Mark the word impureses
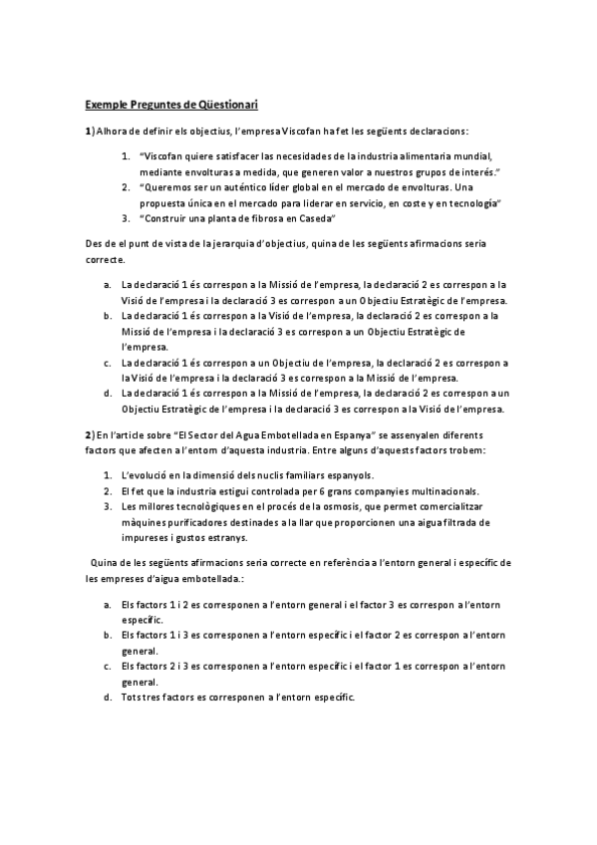151,538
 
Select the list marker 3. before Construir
126,218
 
